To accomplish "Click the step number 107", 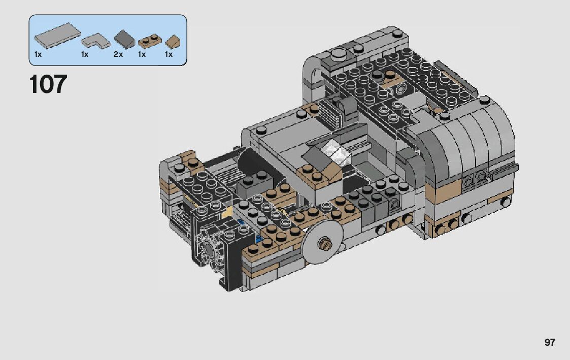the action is [x=48, y=84].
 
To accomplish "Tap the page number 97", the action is [x=550, y=342].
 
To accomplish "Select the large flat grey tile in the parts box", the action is [x=57, y=35].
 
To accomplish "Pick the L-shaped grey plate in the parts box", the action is [x=95, y=41].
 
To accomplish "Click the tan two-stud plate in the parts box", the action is [x=150, y=42].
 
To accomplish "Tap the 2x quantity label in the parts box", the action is [x=118, y=54].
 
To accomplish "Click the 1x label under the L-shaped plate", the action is [x=85, y=54].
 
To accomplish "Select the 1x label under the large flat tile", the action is [x=38, y=54].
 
